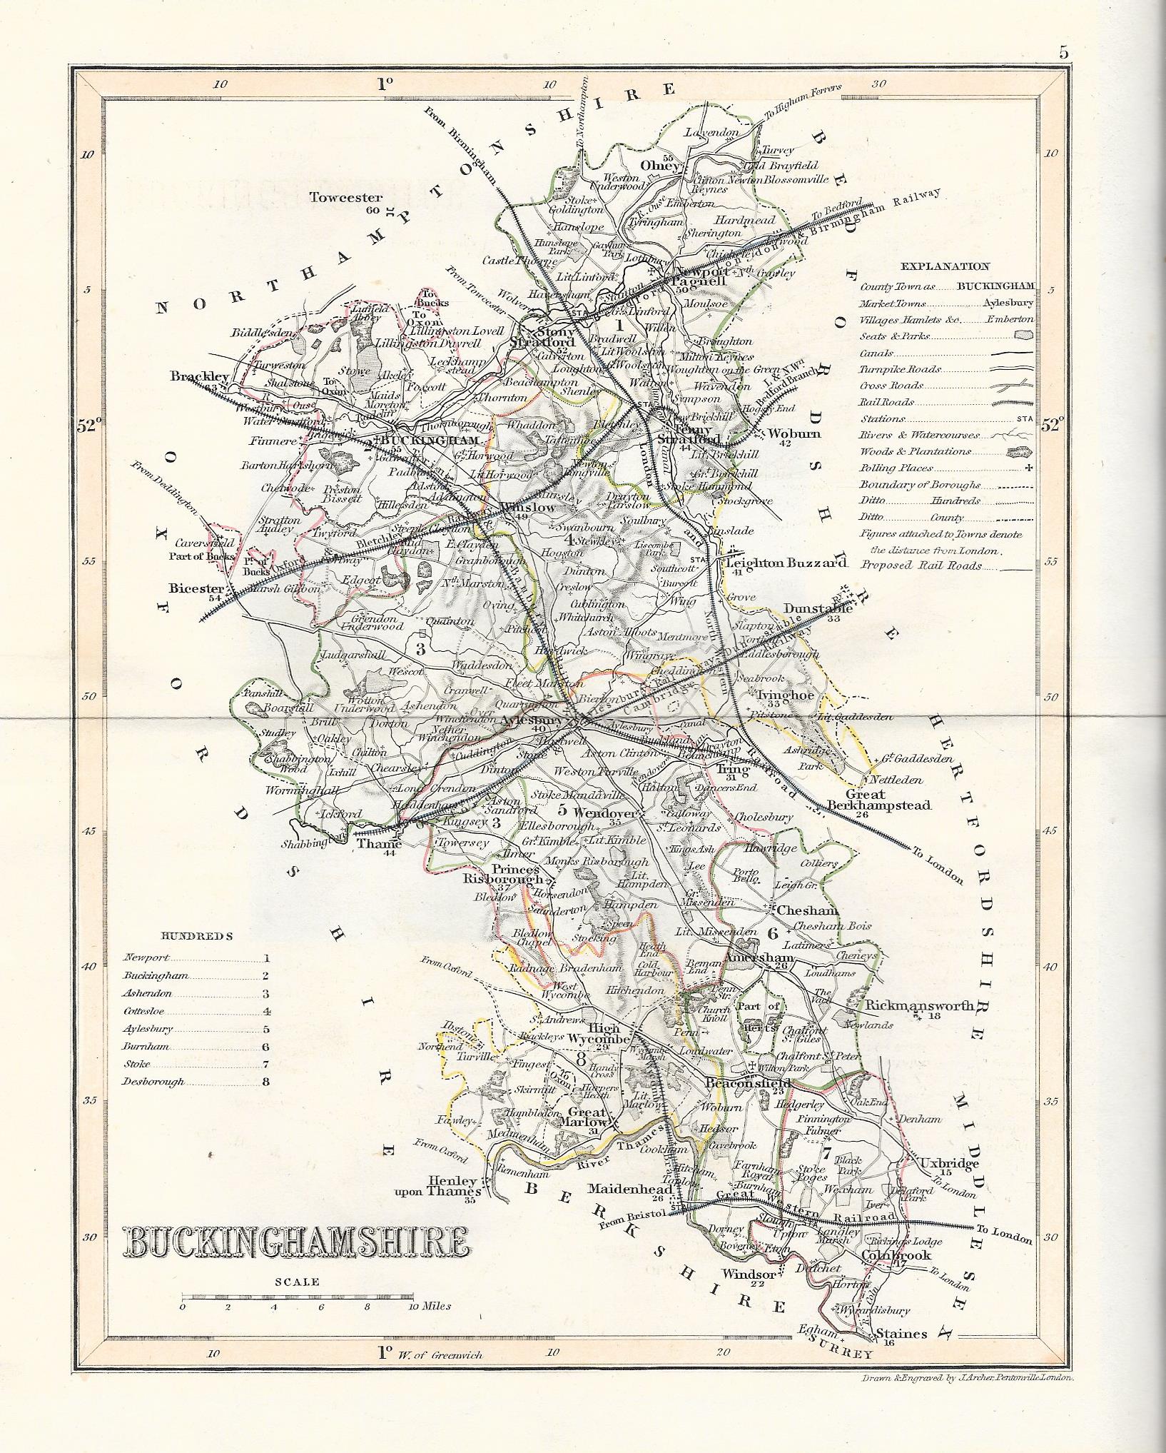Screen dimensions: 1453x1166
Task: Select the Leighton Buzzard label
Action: pos(786,563)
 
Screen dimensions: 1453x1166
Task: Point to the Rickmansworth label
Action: pos(919,1005)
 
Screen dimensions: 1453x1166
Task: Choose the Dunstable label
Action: pos(818,608)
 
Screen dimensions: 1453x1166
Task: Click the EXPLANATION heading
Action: pos(945,266)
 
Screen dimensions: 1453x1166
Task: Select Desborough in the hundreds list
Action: pos(154,1081)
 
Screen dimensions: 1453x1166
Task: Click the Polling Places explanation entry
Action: pos(896,468)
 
